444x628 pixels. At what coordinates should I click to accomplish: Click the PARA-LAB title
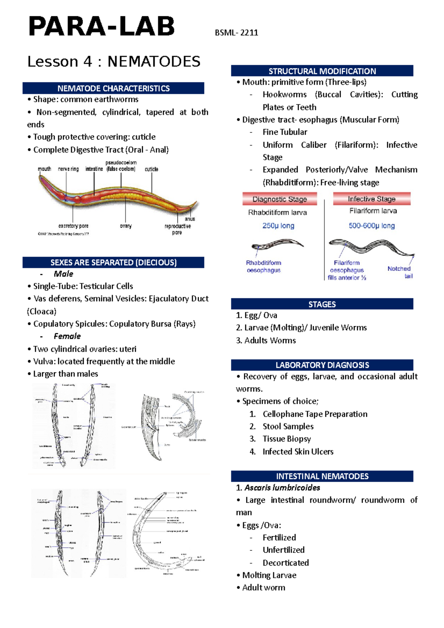pyautogui.click(x=101, y=27)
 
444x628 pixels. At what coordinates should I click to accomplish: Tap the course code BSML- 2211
pyautogui.click(x=236, y=33)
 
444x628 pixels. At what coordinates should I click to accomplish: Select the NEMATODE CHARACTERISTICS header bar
pyautogui.click(x=113, y=88)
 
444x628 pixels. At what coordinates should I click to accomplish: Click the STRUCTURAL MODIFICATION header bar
pyautogui.click(x=322, y=71)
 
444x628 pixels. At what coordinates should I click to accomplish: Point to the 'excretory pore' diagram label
pyautogui.click(x=73, y=226)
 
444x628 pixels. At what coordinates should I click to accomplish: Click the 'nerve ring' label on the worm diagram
pyautogui.click(x=68, y=169)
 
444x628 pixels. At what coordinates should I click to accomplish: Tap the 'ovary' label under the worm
pyautogui.click(x=126, y=226)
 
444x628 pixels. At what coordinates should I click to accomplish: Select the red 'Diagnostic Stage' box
pyautogui.click(x=280, y=199)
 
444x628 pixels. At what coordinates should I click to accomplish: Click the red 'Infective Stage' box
pyautogui.click(x=371, y=199)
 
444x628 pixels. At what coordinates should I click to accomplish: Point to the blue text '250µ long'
pyautogui.click(x=278, y=226)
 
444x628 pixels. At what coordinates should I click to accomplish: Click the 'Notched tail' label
pyautogui.click(x=400, y=272)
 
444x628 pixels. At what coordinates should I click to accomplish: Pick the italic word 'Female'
pyautogui.click(x=67, y=336)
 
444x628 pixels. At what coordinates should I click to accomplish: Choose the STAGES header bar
pyautogui.click(x=322, y=304)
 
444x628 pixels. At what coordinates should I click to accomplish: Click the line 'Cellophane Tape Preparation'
pyautogui.click(x=315, y=414)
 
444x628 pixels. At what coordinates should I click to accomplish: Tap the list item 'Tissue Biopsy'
pyautogui.click(x=286, y=439)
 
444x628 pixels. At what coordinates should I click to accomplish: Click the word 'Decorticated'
pyautogui.click(x=286, y=563)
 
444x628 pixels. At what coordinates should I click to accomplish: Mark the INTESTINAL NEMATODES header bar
pyautogui.click(x=322, y=476)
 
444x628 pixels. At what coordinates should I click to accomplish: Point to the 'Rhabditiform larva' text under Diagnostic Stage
pyautogui.click(x=277, y=213)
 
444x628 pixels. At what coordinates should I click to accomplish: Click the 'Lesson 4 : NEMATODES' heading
pyautogui.click(x=114, y=61)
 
